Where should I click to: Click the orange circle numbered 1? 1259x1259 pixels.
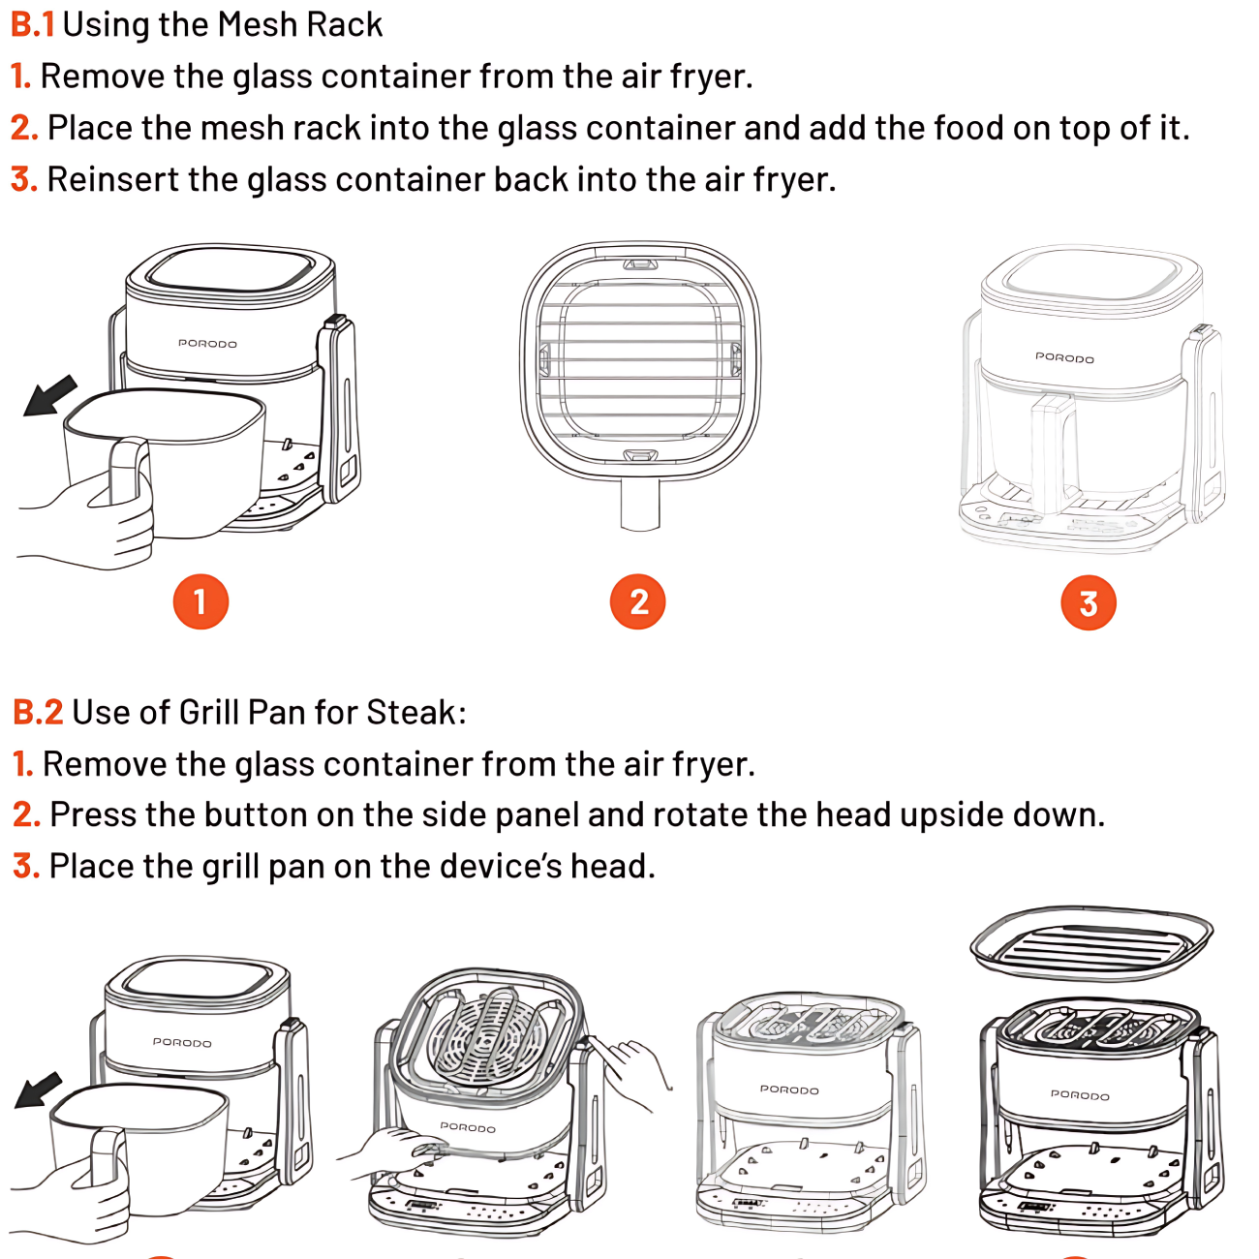click(x=200, y=601)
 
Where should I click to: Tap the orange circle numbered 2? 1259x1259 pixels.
click(x=638, y=601)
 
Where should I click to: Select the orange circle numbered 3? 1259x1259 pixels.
click(x=1089, y=603)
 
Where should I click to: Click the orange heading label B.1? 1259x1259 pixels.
click(x=32, y=24)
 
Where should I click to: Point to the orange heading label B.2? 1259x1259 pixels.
click(x=38, y=712)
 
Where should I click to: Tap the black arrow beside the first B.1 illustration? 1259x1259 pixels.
click(x=50, y=395)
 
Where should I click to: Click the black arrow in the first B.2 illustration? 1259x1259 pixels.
click(x=39, y=1090)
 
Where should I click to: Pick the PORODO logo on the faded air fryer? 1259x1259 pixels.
click(x=1064, y=357)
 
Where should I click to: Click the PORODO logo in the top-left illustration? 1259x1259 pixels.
click(x=207, y=343)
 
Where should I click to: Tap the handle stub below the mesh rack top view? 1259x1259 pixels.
click(x=639, y=504)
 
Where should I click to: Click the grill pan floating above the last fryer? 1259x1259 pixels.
click(x=1091, y=942)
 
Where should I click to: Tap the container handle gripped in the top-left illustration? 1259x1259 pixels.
click(x=130, y=473)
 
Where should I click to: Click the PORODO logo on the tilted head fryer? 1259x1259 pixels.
click(x=468, y=1127)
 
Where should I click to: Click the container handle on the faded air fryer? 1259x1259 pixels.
click(x=1052, y=450)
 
